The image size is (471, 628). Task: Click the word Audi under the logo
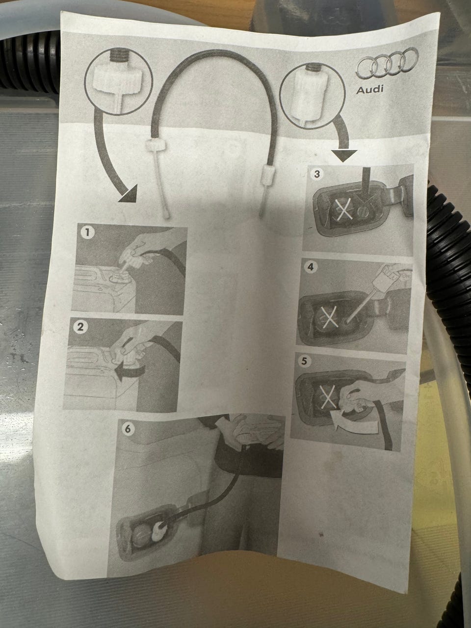tap(370, 90)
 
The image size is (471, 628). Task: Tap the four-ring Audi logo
tap(387, 63)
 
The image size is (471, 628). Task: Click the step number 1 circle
tap(87, 233)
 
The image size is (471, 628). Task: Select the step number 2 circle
tap(80, 327)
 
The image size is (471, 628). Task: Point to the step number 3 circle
tap(316, 174)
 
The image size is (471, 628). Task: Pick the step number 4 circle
tap(310, 267)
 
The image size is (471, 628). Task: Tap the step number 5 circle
tap(304, 362)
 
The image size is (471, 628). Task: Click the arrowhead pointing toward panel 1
tap(129, 195)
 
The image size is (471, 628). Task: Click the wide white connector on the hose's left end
tap(156, 144)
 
